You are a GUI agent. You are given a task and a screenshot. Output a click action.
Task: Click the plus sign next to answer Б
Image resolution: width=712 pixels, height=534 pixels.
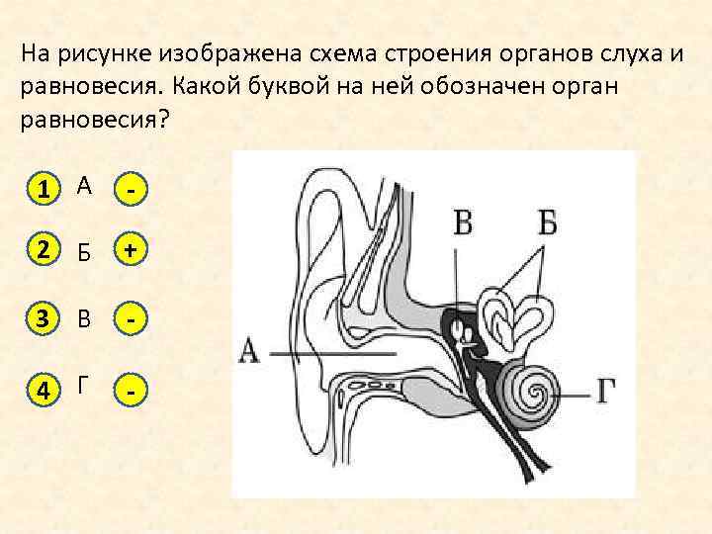pyautogui.click(x=130, y=252)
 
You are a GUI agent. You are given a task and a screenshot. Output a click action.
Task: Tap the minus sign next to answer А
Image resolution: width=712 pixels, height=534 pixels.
pyautogui.click(x=130, y=187)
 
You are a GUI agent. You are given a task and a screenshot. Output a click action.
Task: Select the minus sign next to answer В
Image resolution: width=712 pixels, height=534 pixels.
pyautogui.click(x=130, y=320)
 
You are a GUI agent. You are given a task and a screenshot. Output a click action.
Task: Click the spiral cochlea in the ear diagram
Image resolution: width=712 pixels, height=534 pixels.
pyautogui.click(x=532, y=394)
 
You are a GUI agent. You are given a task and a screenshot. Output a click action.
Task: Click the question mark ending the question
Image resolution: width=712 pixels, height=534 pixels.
pyautogui.click(x=163, y=120)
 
